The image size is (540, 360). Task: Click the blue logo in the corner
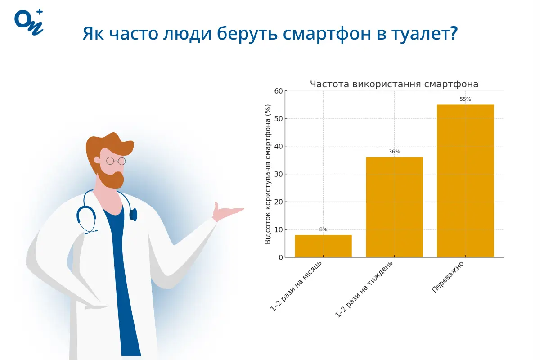tap(29, 21)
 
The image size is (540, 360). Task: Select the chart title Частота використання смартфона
tap(394, 84)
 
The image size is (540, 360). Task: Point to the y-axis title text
tap(268, 174)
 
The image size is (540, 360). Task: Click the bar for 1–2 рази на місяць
tap(323, 246)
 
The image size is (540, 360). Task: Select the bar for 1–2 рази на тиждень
tap(394, 207)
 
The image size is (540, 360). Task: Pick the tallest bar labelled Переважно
tap(465, 181)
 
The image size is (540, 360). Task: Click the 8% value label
tap(323, 229)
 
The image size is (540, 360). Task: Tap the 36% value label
tap(394, 152)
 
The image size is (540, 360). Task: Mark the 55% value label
tap(465, 99)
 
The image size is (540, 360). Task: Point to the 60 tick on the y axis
tap(279, 91)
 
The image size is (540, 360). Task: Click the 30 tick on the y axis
tap(279, 174)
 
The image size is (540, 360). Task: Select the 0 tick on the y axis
tap(280, 257)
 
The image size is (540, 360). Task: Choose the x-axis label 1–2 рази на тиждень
tap(365, 289)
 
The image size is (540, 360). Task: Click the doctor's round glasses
tap(116, 161)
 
